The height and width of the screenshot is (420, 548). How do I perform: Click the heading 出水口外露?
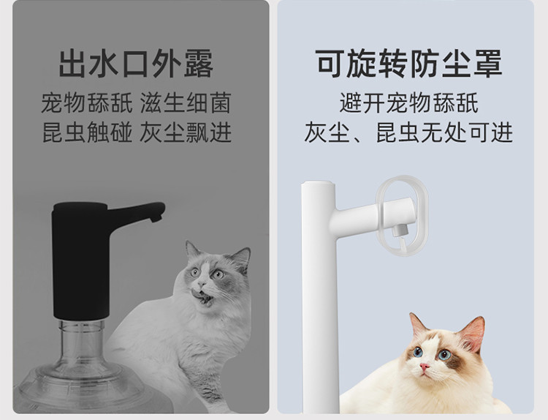pos(136,64)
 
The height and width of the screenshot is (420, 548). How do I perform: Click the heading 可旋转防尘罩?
pos(408,63)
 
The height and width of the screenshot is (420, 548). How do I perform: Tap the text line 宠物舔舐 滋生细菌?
pos(136,103)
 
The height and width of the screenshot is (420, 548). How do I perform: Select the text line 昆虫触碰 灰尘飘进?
pos(137,132)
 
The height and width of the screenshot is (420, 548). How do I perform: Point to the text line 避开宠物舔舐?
pos(409,103)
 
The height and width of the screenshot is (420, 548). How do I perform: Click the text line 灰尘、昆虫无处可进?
pos(408,132)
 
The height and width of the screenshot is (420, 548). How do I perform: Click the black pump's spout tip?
pos(156,219)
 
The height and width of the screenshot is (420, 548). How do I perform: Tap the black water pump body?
pos(81,260)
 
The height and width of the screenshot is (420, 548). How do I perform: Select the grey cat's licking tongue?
pos(197,293)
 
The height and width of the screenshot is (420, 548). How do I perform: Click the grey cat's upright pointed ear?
pos(241,258)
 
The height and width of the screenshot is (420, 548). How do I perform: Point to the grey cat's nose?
pos(201,282)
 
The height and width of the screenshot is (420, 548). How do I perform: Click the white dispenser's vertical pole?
pos(319,298)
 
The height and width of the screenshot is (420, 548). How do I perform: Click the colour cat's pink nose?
pos(425,367)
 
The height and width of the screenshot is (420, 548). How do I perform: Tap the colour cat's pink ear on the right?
pos(473,334)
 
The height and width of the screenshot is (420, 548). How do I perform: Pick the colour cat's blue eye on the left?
pos(417,352)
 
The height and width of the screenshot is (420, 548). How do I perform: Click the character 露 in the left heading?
pos(199,64)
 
